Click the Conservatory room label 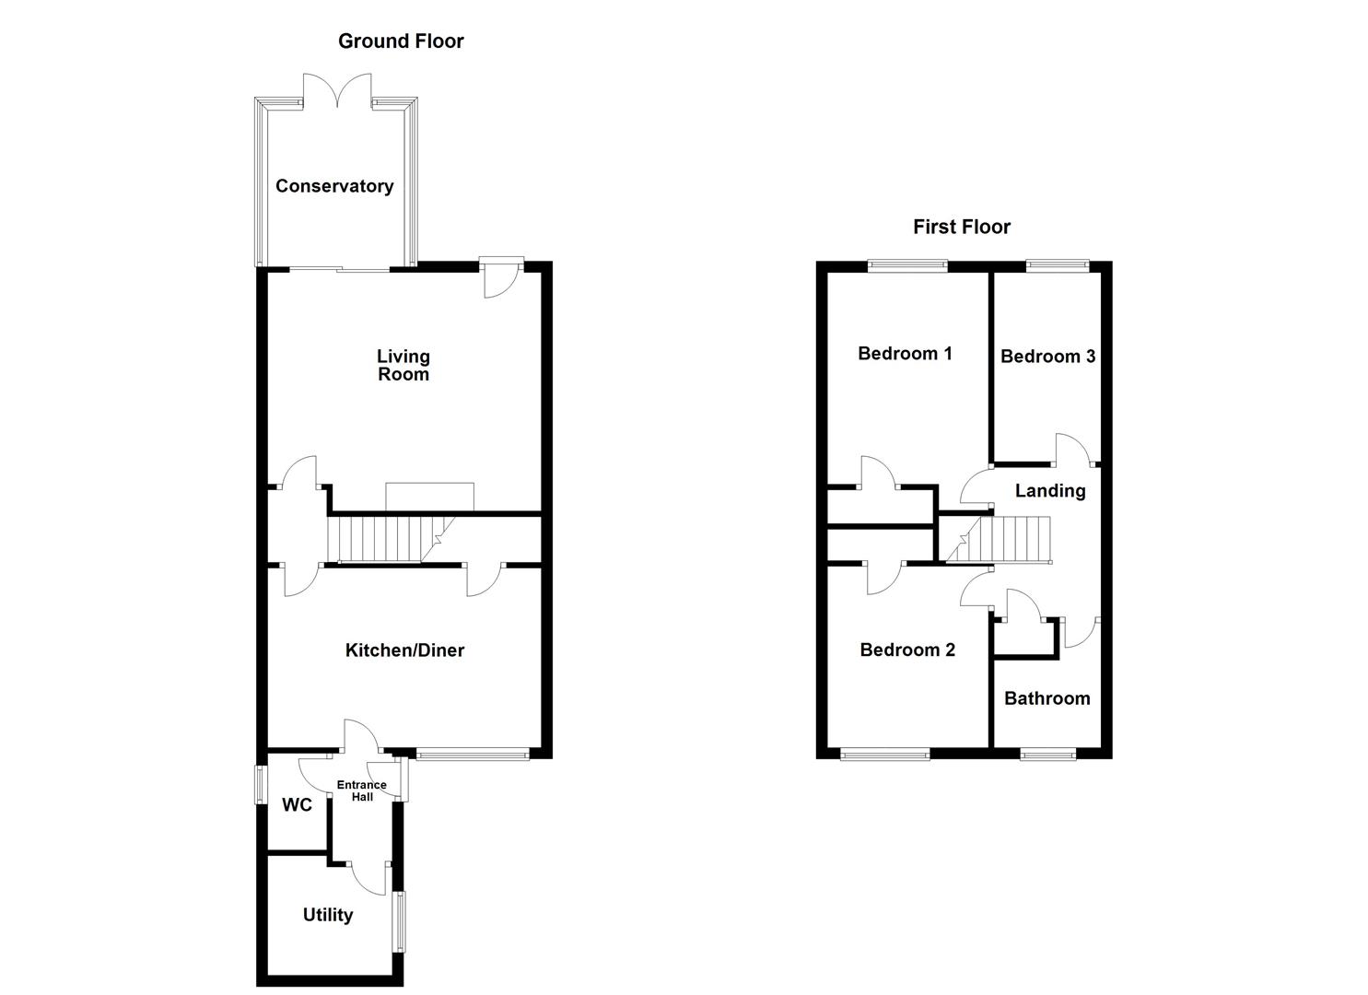(334, 186)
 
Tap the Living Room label (403, 365)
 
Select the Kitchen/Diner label (404, 650)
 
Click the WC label (297, 805)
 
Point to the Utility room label (328, 915)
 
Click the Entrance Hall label (361, 790)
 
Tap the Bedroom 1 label (905, 354)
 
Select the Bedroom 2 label (907, 650)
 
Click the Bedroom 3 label (1047, 357)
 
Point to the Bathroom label (1046, 698)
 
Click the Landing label (1050, 491)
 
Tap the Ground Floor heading (401, 41)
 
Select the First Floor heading (962, 227)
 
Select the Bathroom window (1047, 755)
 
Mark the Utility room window (400, 921)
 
